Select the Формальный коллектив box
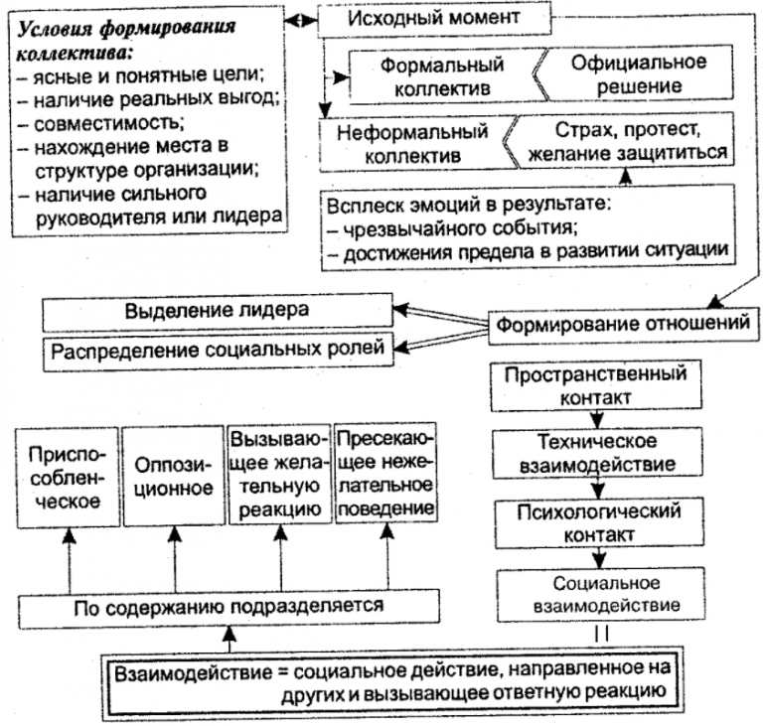coord(442,75)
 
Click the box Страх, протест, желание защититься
coord(627,143)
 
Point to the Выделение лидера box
coord(217,310)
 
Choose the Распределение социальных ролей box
coord(218,351)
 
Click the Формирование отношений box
coord(618,324)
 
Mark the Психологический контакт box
coord(595,523)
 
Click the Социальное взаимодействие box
coord(595,592)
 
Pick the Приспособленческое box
coord(66,475)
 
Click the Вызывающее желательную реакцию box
coord(275,475)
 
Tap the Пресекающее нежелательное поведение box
coord(383,475)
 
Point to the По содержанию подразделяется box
coord(229,604)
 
